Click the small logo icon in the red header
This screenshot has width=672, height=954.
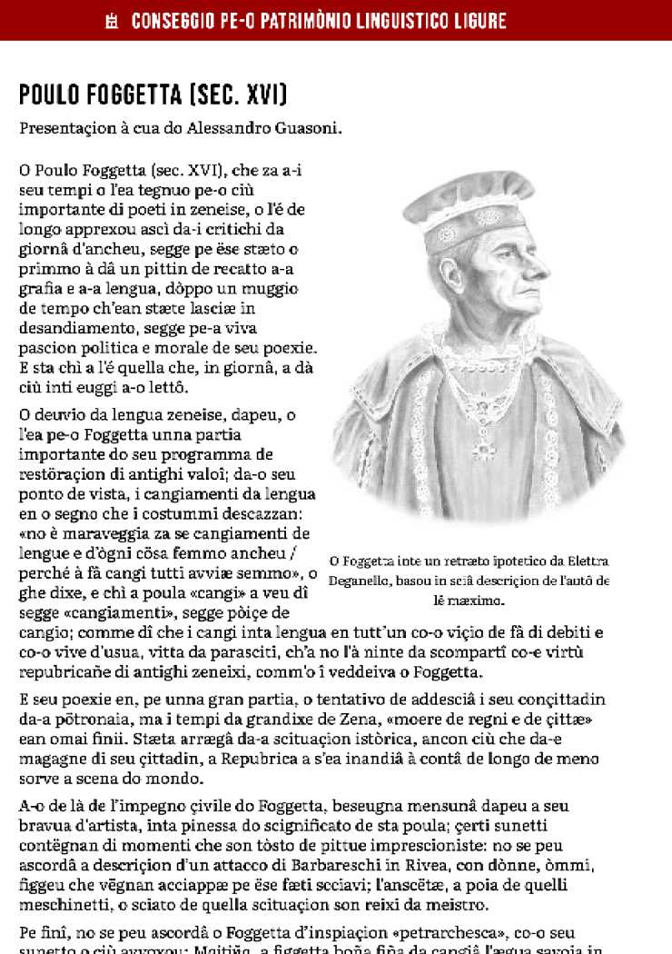click(113, 20)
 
